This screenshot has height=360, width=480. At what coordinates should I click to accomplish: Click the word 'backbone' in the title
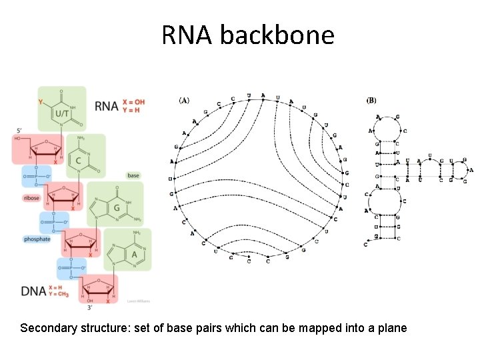point(277,35)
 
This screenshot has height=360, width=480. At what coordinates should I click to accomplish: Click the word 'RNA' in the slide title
point(188,35)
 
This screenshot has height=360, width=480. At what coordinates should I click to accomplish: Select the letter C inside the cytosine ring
point(79,160)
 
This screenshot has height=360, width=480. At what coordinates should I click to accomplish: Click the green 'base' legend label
point(133,175)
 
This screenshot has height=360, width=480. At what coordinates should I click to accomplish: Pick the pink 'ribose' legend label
point(32,198)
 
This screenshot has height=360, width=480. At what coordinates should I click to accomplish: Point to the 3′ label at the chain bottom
point(90,307)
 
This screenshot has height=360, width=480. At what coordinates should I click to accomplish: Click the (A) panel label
point(184,101)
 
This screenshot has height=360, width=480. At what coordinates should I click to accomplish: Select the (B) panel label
point(371,101)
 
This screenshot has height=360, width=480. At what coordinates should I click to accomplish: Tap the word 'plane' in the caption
point(391,328)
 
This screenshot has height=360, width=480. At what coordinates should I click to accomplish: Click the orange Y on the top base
point(41,103)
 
